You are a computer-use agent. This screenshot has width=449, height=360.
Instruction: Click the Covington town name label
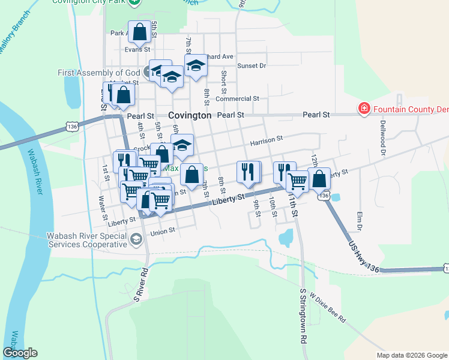click(x=190, y=115)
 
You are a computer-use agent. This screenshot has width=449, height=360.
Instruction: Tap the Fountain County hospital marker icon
click(x=363, y=109)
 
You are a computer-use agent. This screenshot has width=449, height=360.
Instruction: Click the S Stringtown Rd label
click(x=302, y=314)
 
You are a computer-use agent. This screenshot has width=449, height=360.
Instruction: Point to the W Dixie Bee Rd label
click(x=327, y=308)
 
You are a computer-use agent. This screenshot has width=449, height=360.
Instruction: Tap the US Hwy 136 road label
click(x=364, y=254)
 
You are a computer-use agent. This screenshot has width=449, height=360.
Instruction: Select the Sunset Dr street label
click(x=251, y=66)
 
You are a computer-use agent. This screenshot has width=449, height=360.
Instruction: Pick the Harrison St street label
click(x=267, y=139)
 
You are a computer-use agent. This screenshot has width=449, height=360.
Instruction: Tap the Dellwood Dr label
click(x=382, y=137)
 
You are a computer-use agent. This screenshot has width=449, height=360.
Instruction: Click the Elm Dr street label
click(x=360, y=221)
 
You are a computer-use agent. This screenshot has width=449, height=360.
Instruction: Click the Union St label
click(x=163, y=231)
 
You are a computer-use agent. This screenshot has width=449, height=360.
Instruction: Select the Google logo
click(x=20, y=353)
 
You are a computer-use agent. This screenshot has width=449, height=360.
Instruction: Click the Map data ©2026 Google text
click(x=411, y=355)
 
